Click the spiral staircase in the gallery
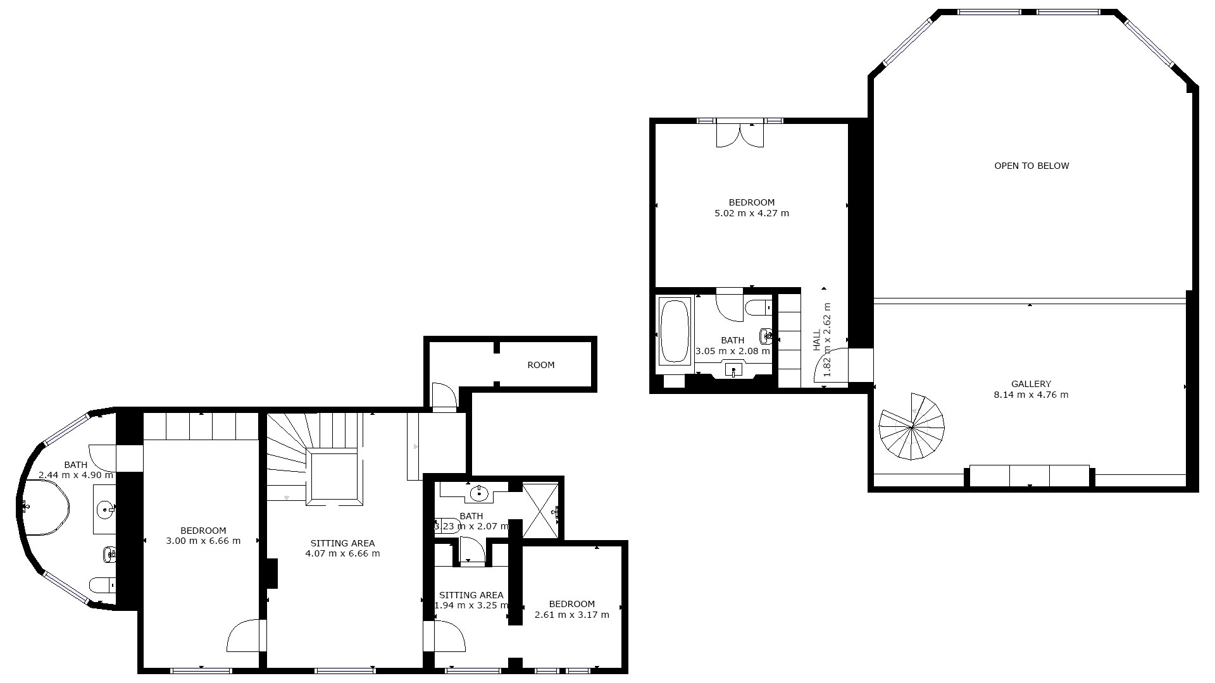(912, 427)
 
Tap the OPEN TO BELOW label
(1031, 166)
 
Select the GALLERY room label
(1031, 384)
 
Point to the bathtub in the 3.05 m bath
(675, 331)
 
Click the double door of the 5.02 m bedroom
(740, 135)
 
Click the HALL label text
(817, 340)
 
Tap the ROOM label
(541, 365)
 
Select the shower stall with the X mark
(541, 511)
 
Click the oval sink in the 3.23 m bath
(480, 493)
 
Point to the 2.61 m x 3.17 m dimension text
(572, 615)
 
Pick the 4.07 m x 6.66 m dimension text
(342, 553)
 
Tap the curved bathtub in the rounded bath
(44, 507)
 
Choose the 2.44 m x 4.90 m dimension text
(76, 475)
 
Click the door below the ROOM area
(444, 397)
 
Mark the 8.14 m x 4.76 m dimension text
(1031, 395)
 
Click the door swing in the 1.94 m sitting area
(449, 636)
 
